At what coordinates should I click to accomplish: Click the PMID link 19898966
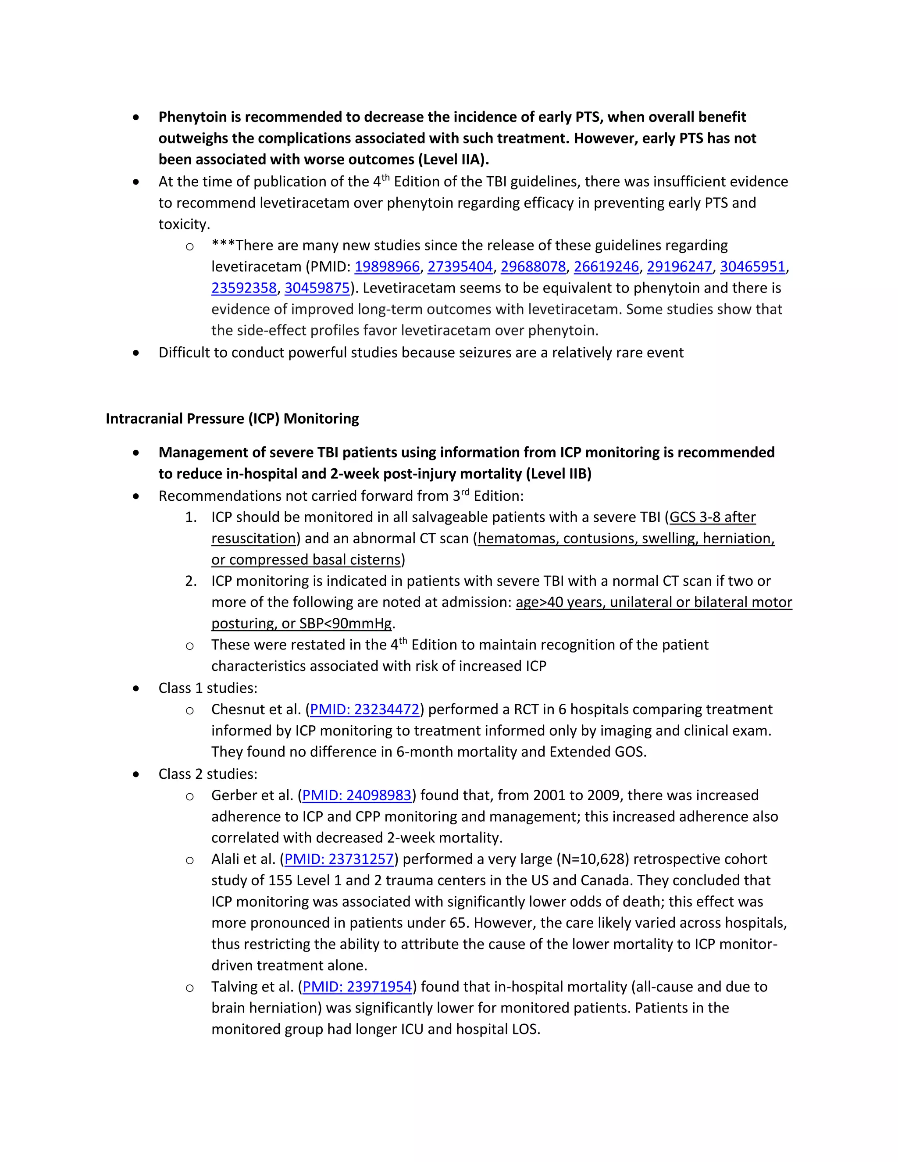[x=387, y=267]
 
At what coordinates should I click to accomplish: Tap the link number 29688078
[x=533, y=267]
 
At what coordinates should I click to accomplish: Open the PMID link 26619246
[x=606, y=267]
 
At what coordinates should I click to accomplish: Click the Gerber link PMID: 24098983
[x=356, y=795]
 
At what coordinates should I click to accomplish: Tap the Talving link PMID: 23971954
[x=357, y=987]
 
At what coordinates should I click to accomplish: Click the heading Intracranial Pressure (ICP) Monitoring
[x=232, y=419]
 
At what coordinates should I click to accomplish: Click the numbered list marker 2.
[x=190, y=581]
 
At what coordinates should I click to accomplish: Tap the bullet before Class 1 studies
[x=136, y=688]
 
